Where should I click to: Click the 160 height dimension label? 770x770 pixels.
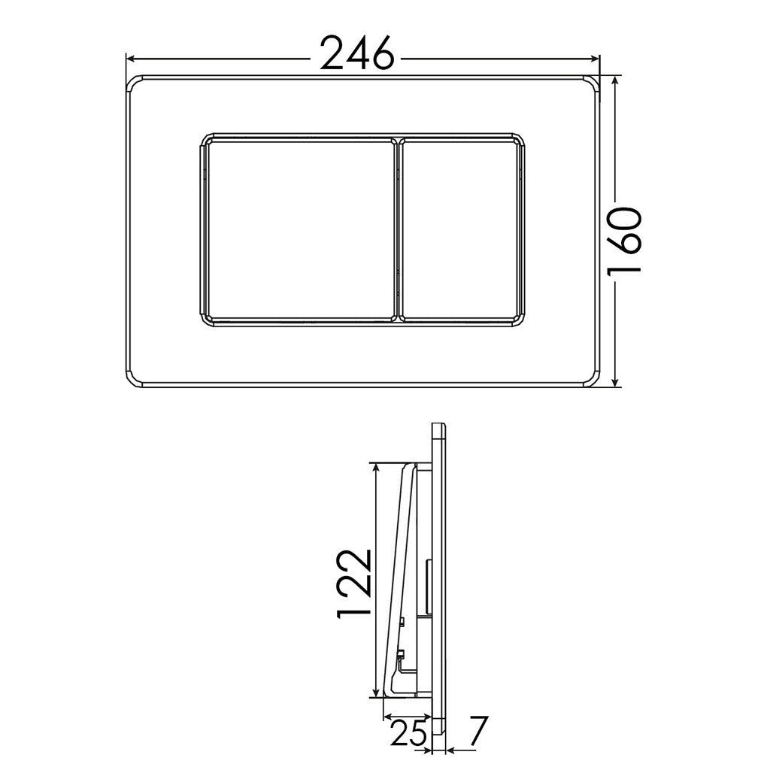626,241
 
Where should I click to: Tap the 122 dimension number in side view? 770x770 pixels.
353,583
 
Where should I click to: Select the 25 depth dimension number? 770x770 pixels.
408,732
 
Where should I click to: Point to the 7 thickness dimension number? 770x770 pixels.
476,732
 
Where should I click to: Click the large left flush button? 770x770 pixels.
299,229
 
